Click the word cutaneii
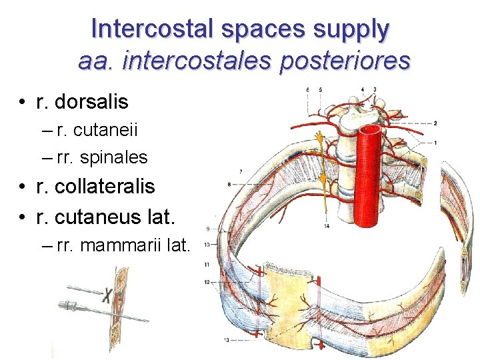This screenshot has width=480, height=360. [x=101, y=130]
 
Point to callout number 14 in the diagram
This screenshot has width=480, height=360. [x=327, y=227]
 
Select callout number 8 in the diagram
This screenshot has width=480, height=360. [x=229, y=183]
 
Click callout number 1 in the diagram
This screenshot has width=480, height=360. [x=435, y=143]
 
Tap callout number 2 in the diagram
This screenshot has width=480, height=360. [x=435, y=123]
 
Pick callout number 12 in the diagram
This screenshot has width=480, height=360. [x=207, y=282]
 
